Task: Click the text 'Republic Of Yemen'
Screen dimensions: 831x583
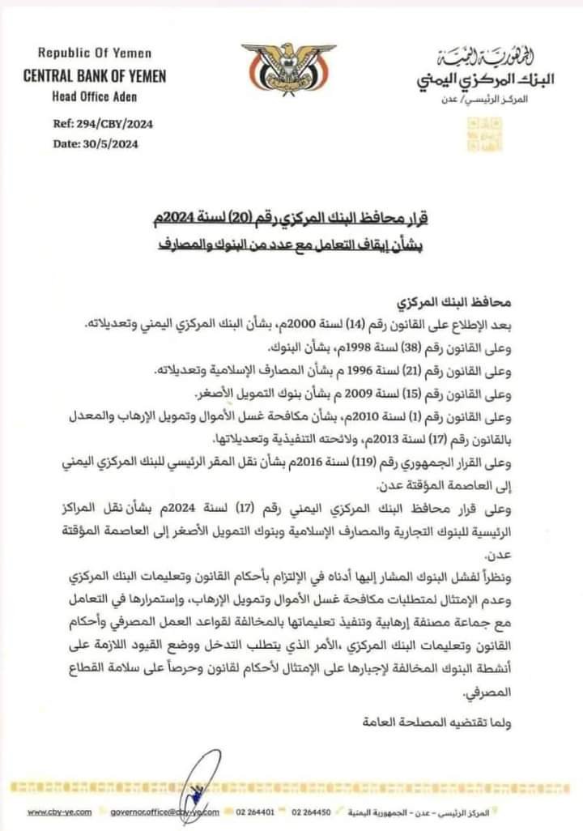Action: point(96,53)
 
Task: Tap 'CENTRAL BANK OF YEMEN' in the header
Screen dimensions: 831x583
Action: point(96,76)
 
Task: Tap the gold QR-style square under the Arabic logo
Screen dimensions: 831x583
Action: point(481,134)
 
